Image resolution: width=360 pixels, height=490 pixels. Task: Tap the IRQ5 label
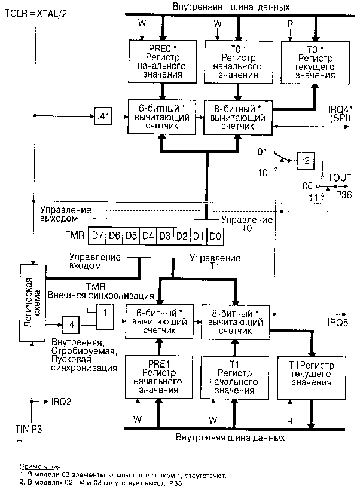334,322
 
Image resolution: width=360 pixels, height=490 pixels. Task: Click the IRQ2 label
62,401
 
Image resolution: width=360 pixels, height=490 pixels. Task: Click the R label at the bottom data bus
291,420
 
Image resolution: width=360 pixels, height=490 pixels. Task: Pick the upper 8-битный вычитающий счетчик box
238,115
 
